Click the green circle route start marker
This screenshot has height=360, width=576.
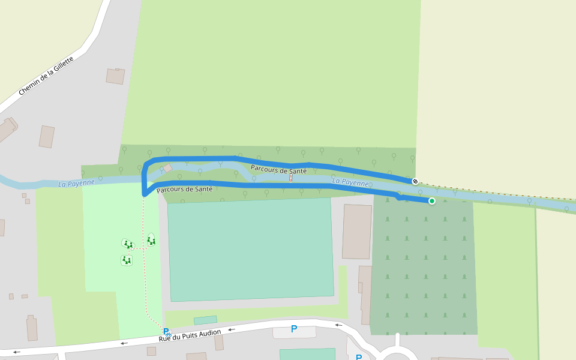point(431,201)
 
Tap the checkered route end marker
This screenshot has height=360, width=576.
point(415,181)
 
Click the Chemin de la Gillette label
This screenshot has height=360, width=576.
point(46,76)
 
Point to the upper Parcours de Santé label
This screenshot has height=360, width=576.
point(278,170)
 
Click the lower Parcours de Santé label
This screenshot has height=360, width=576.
point(184,190)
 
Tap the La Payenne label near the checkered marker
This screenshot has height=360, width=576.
point(350,182)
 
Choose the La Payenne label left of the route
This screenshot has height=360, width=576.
point(76,183)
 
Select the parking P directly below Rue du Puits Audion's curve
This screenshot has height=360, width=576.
point(294,329)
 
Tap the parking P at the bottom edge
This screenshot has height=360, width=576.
point(359,358)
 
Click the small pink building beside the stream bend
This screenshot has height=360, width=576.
point(168,168)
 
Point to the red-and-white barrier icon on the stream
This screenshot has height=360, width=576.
point(291,178)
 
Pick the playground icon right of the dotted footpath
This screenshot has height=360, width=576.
point(151,241)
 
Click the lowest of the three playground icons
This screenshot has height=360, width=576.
point(127,260)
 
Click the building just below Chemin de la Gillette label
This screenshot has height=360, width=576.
point(115,76)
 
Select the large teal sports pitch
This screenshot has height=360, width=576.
point(250,249)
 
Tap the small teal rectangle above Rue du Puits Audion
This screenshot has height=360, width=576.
point(205,320)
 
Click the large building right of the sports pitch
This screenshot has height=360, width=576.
point(357,232)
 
